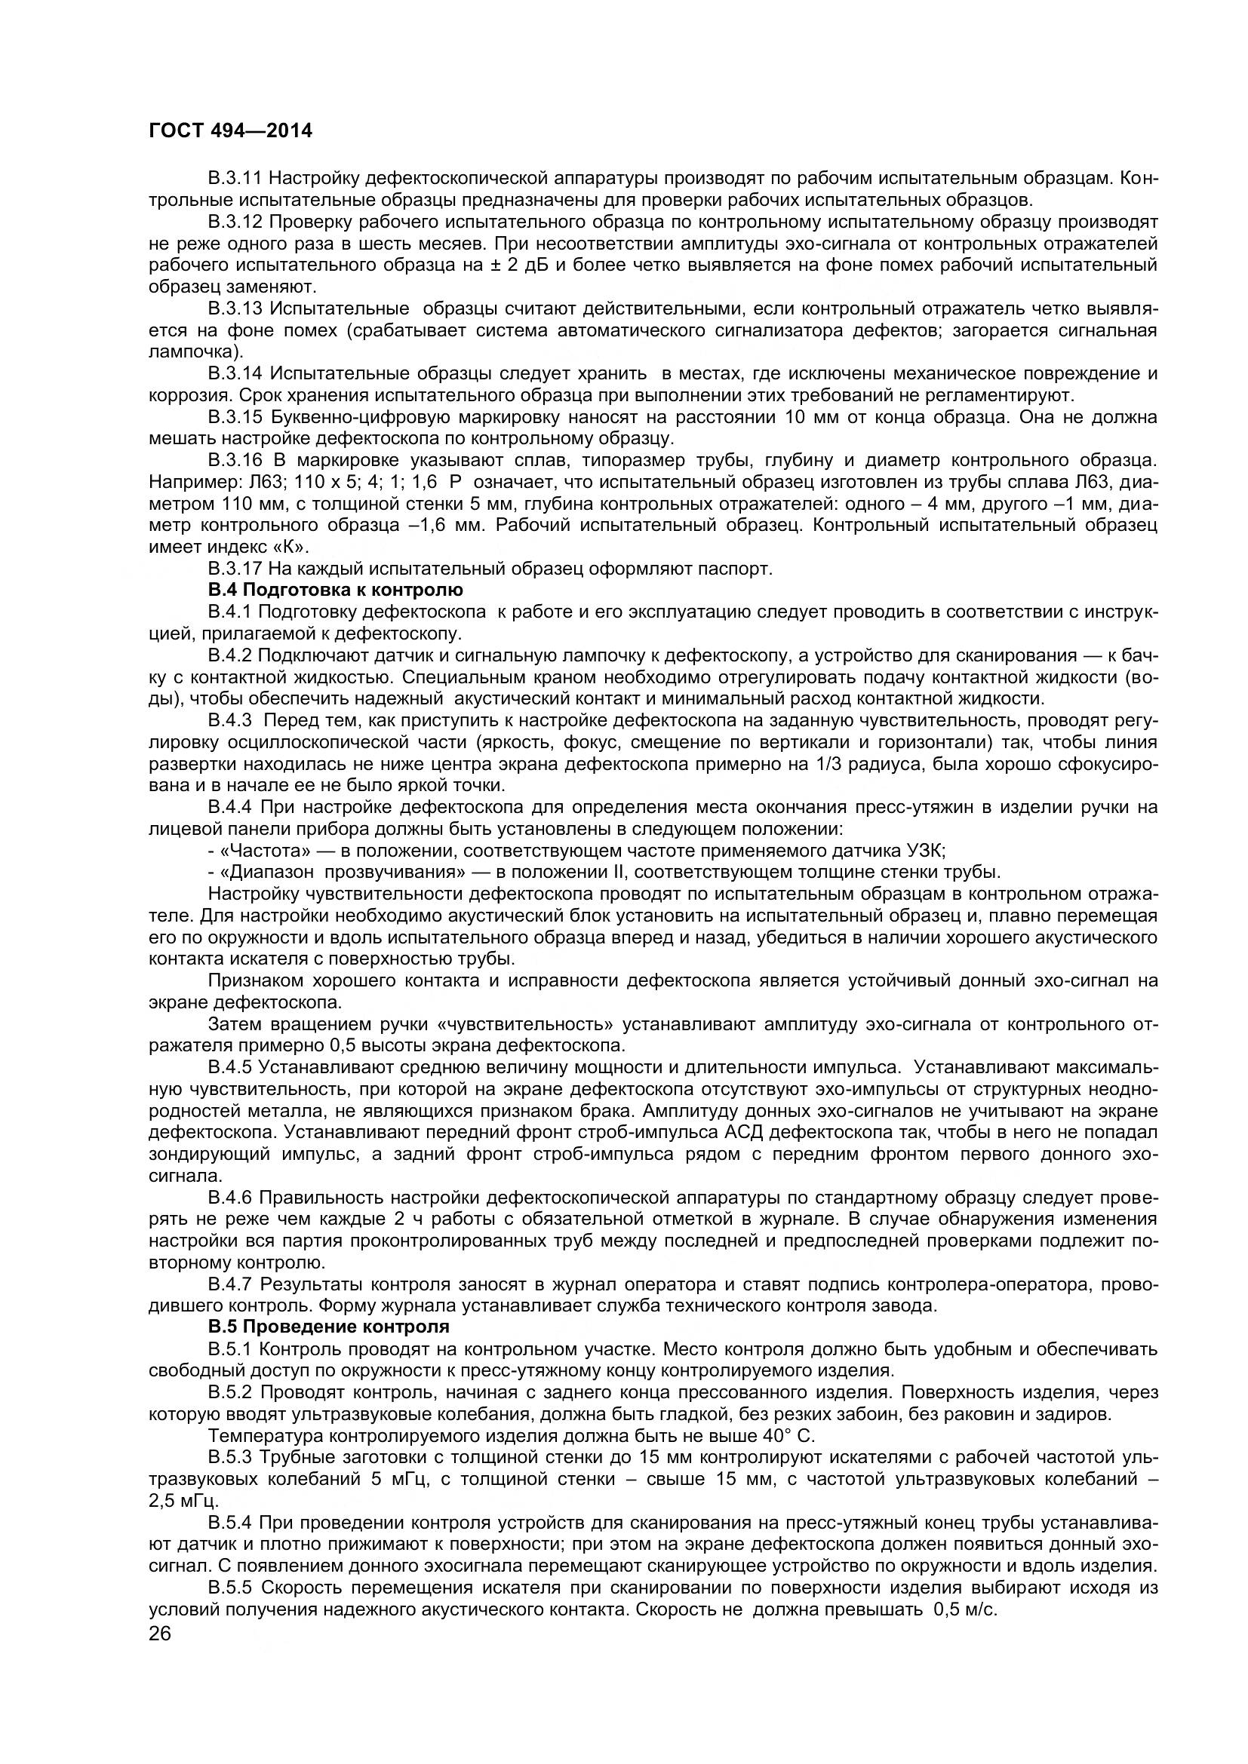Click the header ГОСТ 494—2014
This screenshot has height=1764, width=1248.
pos(231,131)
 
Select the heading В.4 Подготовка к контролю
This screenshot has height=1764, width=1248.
pos(336,590)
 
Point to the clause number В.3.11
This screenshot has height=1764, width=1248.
pos(235,179)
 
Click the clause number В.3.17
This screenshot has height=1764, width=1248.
pos(235,569)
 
